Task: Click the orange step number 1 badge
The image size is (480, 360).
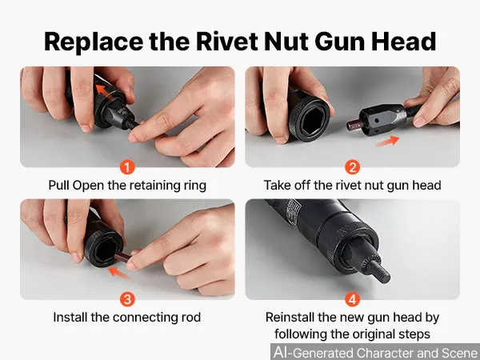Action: pos(127,167)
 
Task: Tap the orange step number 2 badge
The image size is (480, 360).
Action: pos(352,167)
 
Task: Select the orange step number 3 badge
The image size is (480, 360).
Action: pos(127,299)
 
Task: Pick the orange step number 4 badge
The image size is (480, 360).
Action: pos(352,299)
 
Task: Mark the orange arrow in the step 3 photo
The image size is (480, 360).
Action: pos(119,273)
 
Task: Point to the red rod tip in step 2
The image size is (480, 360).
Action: pos(353,124)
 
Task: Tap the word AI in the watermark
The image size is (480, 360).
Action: pos(281,352)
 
